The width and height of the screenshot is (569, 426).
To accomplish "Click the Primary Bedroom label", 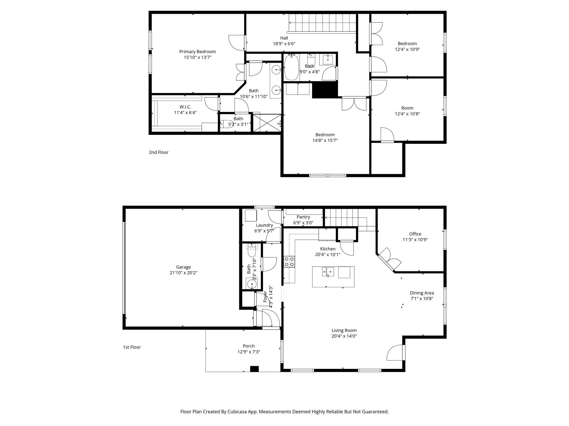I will [x=197, y=52].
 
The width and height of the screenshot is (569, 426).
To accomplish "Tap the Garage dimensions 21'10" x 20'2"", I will [x=183, y=273].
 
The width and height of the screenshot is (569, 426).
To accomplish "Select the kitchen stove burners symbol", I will [x=289, y=262].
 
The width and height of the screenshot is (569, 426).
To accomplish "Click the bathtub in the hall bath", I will [x=291, y=68].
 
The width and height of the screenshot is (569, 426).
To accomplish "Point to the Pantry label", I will [x=303, y=217].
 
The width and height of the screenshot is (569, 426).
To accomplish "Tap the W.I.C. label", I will [x=185, y=107].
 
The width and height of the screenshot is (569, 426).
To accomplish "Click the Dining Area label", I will [x=421, y=293].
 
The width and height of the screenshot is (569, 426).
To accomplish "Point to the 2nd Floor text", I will [x=159, y=152].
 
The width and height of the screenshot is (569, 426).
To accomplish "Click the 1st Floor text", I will [x=132, y=347].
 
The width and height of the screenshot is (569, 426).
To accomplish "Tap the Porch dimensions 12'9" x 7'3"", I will [x=249, y=352].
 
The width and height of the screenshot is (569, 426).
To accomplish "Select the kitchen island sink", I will [x=328, y=272].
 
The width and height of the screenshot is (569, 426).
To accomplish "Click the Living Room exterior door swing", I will [x=395, y=353].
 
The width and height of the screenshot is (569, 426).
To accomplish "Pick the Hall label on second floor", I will [x=284, y=38].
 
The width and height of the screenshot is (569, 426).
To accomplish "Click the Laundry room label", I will [x=264, y=225].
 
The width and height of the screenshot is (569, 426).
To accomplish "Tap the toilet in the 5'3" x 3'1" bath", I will [x=224, y=124].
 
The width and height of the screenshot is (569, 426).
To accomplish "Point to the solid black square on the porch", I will [x=254, y=369].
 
